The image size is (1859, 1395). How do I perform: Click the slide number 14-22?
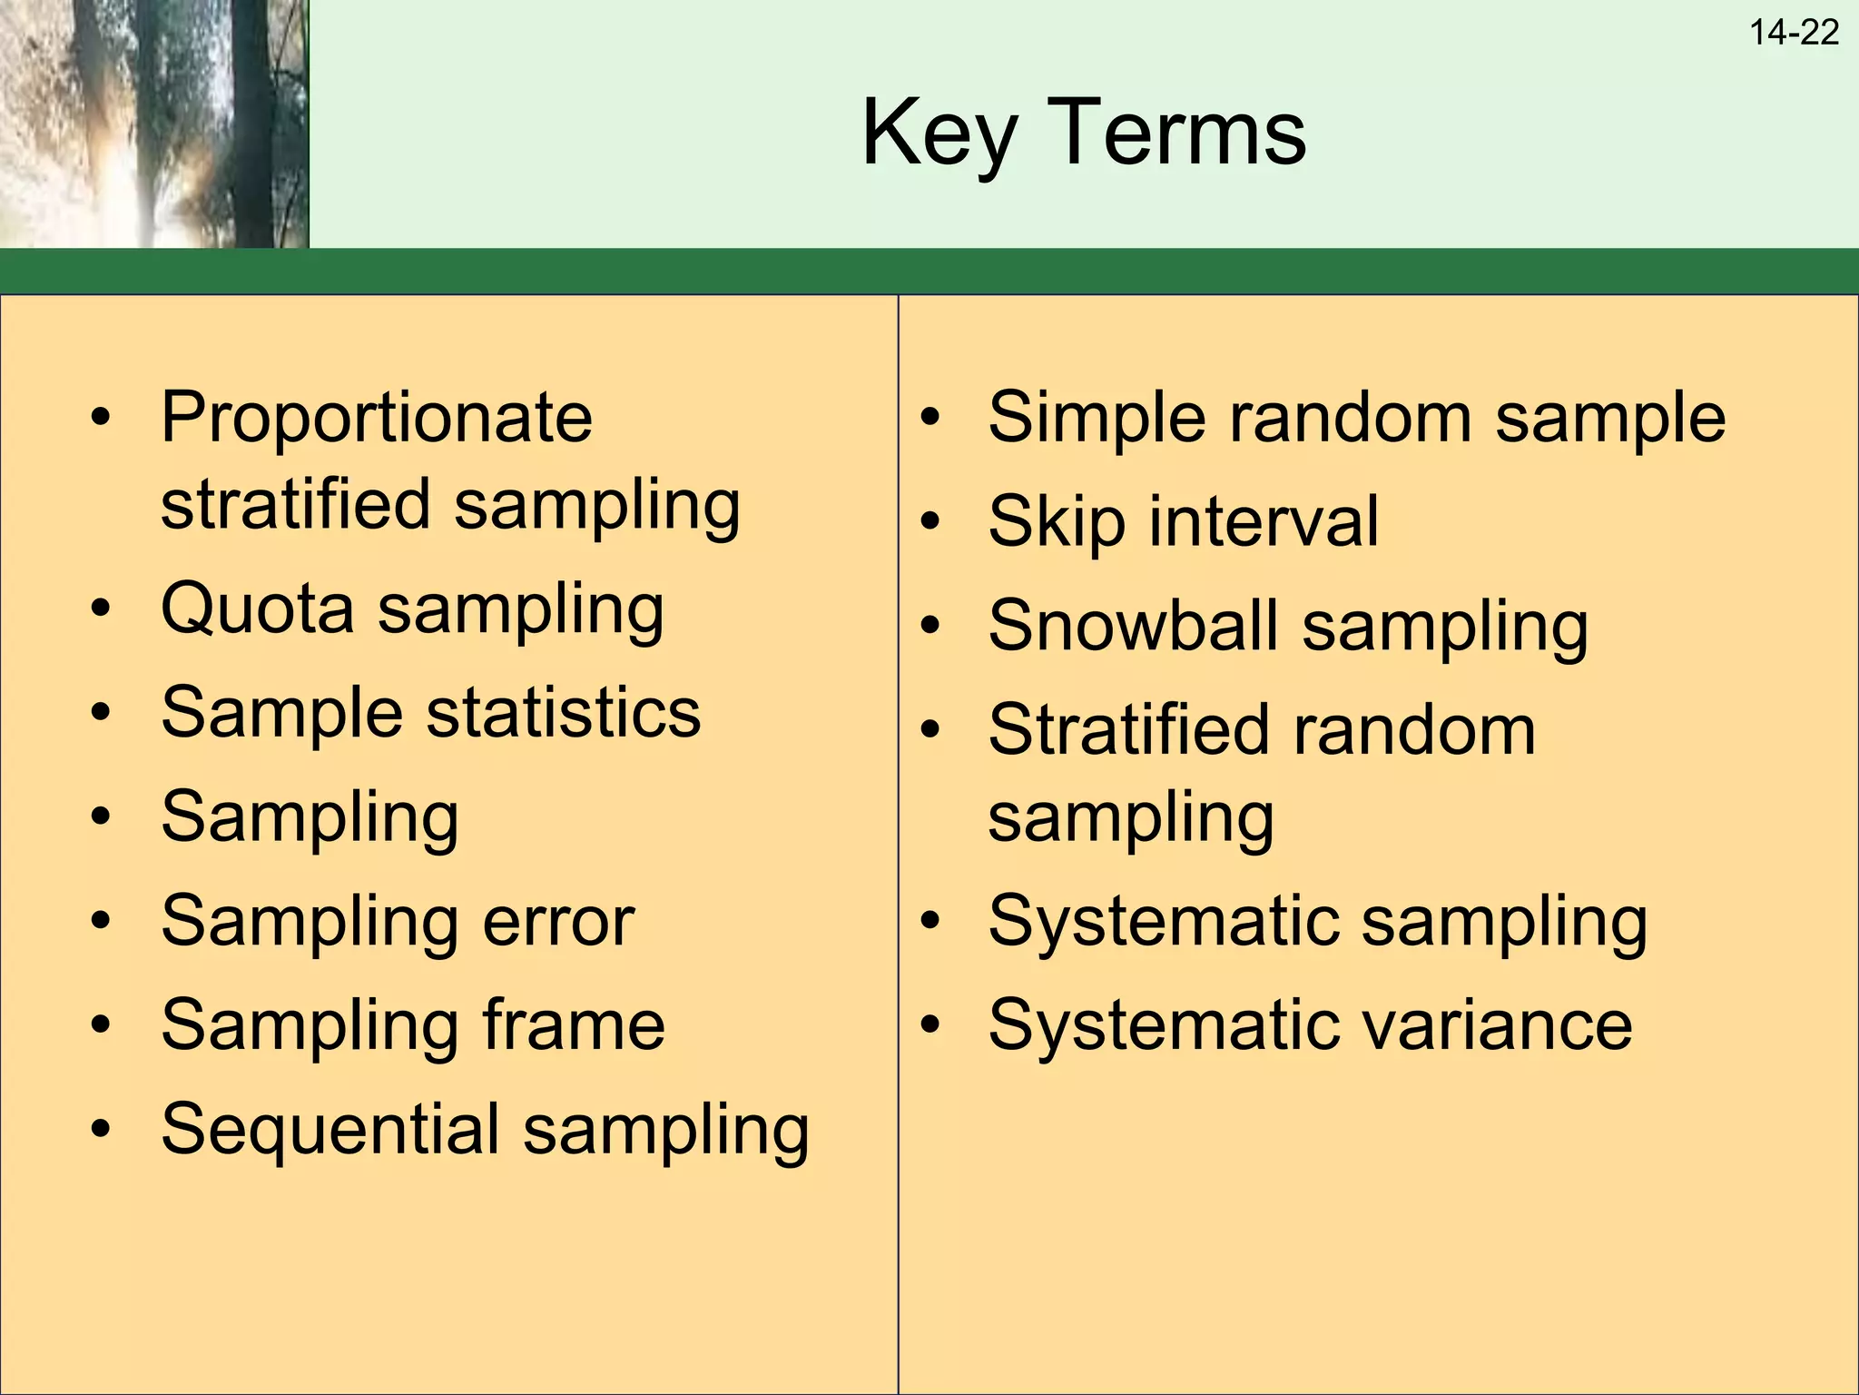click(1794, 33)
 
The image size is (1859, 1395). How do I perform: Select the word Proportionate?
click(377, 418)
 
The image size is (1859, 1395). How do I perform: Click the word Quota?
click(257, 608)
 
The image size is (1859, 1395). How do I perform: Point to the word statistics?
click(564, 713)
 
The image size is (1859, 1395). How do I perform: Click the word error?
click(558, 922)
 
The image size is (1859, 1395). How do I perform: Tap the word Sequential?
click(330, 1131)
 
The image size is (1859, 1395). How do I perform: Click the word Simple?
click(1094, 420)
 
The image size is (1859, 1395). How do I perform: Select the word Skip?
click(1057, 523)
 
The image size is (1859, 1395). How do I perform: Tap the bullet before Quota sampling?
click(101, 608)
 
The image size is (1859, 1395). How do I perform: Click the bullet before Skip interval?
click(929, 522)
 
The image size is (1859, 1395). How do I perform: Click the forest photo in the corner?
click(154, 124)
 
